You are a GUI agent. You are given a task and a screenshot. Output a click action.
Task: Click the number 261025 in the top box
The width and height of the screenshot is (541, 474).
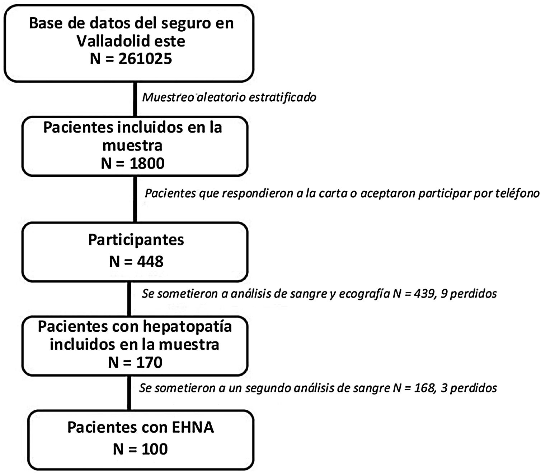[145, 59]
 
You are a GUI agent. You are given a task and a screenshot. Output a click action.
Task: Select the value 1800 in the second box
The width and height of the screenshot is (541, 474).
[147, 164]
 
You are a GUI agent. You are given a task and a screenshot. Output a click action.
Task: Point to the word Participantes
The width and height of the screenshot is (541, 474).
[136, 240]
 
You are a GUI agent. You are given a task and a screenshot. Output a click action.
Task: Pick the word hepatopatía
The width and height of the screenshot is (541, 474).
[187, 327]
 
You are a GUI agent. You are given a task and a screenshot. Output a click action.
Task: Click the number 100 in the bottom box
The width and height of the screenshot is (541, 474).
[155, 449]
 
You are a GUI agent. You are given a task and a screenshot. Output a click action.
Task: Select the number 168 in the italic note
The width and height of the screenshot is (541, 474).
[425, 388]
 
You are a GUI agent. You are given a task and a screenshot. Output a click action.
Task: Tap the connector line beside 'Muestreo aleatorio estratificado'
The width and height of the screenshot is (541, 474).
[135, 99]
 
